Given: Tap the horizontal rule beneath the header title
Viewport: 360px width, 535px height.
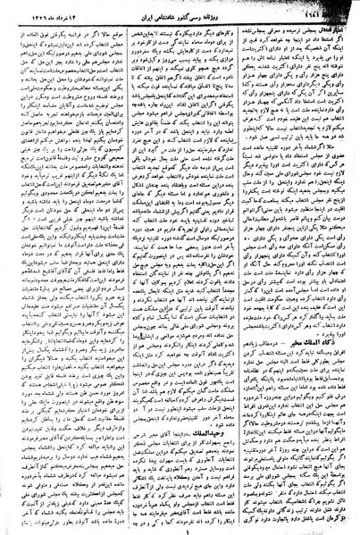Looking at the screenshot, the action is (179, 22).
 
